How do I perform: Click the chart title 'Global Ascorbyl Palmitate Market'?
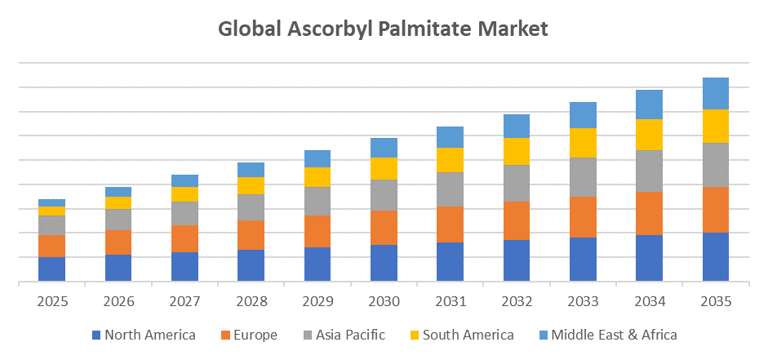point(383,28)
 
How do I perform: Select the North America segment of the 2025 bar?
point(51,269)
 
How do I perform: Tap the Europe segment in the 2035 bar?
point(716,210)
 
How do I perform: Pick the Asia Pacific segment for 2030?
point(384,194)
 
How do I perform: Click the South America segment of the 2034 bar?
point(649,135)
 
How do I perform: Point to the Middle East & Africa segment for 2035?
point(716,93)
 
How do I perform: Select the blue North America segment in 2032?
point(516,260)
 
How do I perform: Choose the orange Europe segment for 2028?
point(251,234)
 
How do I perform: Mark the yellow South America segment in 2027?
point(184,194)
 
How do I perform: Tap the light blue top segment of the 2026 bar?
point(118,192)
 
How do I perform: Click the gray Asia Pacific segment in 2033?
point(583,177)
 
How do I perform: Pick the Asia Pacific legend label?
point(346,335)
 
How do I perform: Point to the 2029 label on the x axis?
point(317,301)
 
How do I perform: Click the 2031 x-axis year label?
point(450,301)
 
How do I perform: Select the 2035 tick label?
point(716,301)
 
